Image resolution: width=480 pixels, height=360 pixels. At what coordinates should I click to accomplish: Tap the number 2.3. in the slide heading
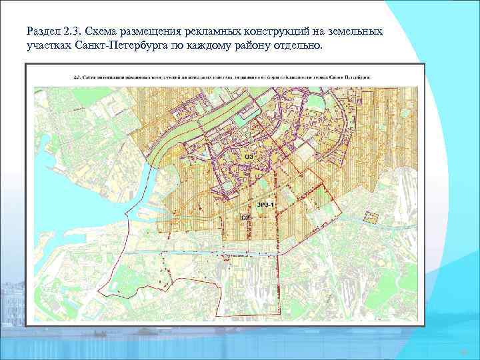click(x=78, y=31)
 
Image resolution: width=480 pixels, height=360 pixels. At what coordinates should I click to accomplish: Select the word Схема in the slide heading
click(x=111, y=31)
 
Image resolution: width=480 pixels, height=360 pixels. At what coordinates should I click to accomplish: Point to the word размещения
click(x=165, y=32)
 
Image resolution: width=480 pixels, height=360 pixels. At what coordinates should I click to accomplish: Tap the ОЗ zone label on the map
click(x=249, y=156)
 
